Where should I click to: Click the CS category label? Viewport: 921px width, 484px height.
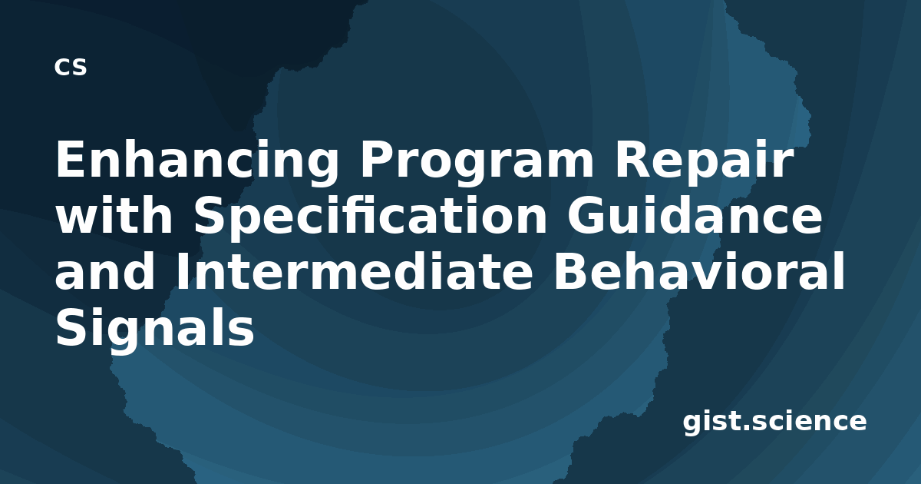(x=71, y=67)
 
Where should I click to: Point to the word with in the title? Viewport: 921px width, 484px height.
(x=114, y=214)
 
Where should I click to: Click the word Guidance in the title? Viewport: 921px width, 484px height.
(x=695, y=214)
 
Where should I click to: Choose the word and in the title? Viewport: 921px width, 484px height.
(x=105, y=270)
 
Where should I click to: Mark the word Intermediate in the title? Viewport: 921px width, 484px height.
(x=355, y=270)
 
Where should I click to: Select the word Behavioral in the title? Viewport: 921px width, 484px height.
(x=699, y=270)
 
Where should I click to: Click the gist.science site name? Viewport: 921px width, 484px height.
(x=774, y=422)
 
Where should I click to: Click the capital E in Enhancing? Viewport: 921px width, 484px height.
(x=70, y=158)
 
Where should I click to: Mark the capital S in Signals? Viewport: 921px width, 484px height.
(x=71, y=326)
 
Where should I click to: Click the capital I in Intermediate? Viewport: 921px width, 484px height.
(x=181, y=270)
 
